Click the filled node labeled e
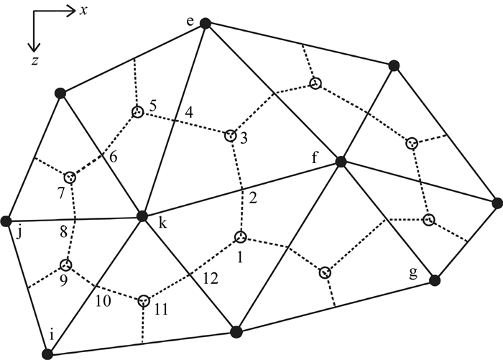(205, 24)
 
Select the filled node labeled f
(341, 162)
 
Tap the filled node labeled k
(142, 216)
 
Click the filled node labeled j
(7, 220)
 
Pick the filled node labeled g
(433, 280)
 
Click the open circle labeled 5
(137, 112)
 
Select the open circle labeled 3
(230, 135)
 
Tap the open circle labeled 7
(70, 177)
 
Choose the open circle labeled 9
(67, 264)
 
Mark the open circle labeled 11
(144, 300)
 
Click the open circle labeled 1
(240, 237)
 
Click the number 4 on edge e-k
(188, 112)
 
